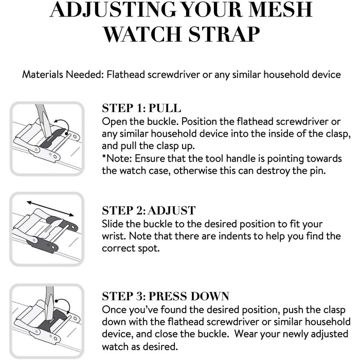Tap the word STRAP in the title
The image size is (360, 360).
pyautogui.click(x=224, y=34)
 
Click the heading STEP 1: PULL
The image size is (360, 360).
pyautogui.click(x=141, y=108)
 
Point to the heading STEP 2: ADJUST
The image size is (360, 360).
pyautogui.click(x=149, y=210)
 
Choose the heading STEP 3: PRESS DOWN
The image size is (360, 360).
pyautogui.click(x=166, y=296)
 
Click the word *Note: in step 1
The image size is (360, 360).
pyautogui.click(x=117, y=158)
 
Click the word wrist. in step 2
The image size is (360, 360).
pyautogui.click(x=114, y=236)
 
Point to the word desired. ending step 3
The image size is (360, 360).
pyautogui.click(x=160, y=346)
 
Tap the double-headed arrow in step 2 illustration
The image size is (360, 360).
pyautogui.click(x=50, y=209)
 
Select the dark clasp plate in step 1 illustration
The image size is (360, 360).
pyautogui.click(x=53, y=138)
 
